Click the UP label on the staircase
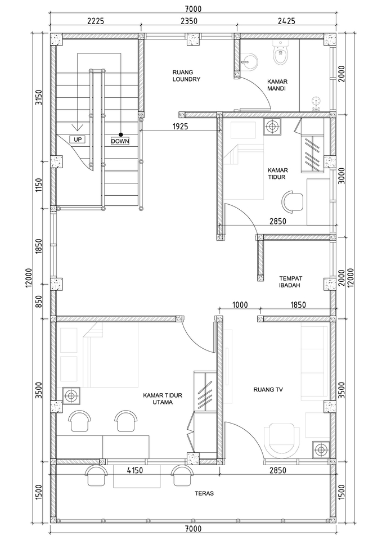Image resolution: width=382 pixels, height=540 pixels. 77,139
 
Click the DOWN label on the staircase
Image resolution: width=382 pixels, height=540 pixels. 120,141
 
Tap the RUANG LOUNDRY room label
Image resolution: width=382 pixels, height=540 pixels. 186,76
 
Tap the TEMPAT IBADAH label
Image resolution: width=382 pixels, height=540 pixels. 291,282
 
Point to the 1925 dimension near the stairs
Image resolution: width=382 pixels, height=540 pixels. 181,127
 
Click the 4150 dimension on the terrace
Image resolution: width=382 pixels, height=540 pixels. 137,469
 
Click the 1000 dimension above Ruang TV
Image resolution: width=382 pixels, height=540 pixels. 240,305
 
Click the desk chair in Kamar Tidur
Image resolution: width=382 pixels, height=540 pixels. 293,200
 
